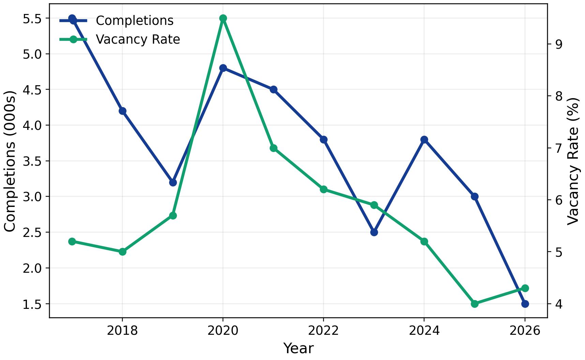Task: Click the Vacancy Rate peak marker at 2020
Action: point(223,18)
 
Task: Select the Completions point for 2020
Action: point(223,68)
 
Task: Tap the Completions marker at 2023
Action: point(374,232)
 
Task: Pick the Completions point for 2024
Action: point(424,139)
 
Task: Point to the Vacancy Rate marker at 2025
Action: point(475,304)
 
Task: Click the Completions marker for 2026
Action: point(525,304)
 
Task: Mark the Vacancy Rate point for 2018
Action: point(122,252)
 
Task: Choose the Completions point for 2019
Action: point(173,182)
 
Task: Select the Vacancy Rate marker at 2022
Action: point(324,189)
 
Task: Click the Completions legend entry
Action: point(135,21)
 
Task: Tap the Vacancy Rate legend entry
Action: point(138,40)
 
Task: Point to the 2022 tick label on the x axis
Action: point(324,330)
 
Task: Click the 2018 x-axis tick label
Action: point(122,330)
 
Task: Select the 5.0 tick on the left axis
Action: point(32,54)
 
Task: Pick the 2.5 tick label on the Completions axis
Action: point(32,232)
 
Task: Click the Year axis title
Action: point(298,348)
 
